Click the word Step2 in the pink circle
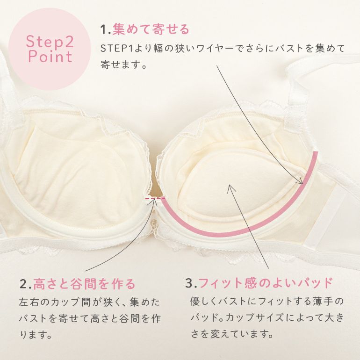[x=50, y=41]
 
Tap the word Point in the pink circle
[x=50, y=57]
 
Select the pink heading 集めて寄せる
[x=151, y=29]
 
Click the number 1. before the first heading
[x=105, y=29]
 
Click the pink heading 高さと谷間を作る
[x=84, y=284]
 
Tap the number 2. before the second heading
[x=25, y=284]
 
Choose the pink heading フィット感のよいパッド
[x=266, y=283]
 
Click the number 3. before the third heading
[x=191, y=283]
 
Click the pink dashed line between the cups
[x=155, y=198]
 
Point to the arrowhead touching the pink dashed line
[x=155, y=201]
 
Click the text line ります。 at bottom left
[x=36, y=335]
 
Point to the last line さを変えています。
[x=232, y=333]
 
